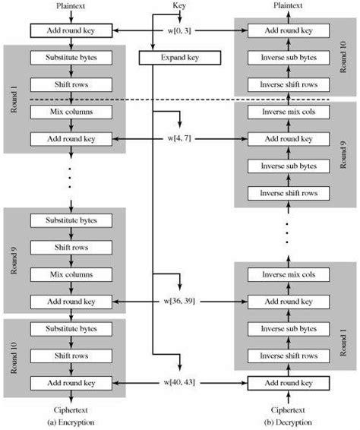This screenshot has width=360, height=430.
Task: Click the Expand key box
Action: coord(179,58)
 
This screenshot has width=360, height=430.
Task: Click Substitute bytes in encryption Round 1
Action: coord(70,58)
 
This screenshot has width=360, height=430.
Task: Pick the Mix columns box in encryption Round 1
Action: coord(70,112)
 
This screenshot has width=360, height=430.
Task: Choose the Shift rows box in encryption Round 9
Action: coord(70,247)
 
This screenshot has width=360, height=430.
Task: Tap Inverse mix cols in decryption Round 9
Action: coord(288,112)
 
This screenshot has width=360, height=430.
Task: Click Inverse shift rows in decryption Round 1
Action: coord(288,355)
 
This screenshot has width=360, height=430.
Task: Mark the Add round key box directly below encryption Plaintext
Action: coord(70,31)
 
